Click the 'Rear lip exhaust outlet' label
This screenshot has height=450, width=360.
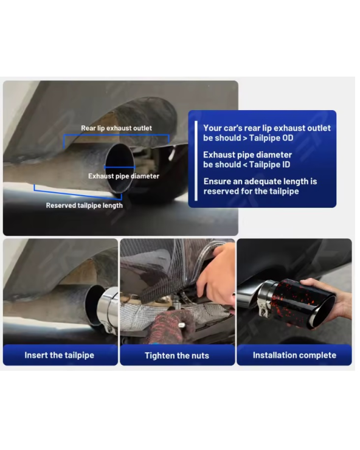tap(116, 128)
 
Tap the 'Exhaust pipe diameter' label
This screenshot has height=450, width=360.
tap(123, 176)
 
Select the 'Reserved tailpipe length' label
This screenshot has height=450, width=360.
tap(84, 206)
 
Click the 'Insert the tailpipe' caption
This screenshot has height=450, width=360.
tap(59, 355)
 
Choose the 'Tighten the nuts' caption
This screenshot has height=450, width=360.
tap(177, 356)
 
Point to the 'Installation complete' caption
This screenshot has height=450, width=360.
tap(294, 355)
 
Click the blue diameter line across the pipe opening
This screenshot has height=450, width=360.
tap(120, 167)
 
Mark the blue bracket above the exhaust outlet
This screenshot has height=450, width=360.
tap(116, 134)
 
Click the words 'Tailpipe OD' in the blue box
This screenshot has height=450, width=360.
tap(271, 138)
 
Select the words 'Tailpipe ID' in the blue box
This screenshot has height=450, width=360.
tap(269, 165)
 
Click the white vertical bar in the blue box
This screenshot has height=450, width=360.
tap(196, 161)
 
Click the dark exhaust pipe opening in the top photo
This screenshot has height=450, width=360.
tap(119, 168)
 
